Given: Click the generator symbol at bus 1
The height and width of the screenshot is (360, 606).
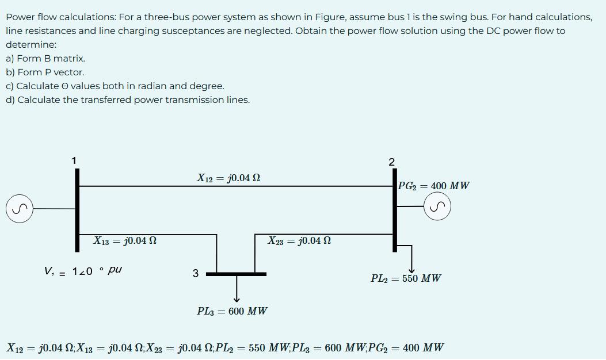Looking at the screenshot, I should [x=19, y=208].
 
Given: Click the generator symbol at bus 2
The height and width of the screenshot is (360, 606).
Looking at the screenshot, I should [x=437, y=206].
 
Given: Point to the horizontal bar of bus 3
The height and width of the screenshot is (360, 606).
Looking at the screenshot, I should [x=236, y=274].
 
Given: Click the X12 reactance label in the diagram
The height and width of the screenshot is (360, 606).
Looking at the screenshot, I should [x=228, y=178].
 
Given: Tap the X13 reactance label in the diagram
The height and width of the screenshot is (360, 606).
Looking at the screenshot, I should [x=125, y=240].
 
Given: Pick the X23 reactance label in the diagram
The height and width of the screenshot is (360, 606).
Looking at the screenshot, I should [x=299, y=240].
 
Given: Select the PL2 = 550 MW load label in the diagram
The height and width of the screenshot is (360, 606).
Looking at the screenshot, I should [x=406, y=278].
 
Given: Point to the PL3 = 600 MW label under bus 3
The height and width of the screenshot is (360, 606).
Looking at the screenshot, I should [x=232, y=311].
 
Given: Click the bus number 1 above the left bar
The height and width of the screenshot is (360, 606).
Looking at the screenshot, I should [x=74, y=160].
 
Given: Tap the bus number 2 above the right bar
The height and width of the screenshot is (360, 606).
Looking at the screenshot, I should [x=391, y=162].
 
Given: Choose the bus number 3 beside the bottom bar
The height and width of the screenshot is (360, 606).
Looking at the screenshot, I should [x=196, y=274].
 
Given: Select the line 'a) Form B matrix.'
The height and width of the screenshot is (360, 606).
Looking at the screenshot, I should [x=45, y=59].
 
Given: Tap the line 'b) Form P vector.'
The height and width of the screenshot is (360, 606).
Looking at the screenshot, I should [x=45, y=72].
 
